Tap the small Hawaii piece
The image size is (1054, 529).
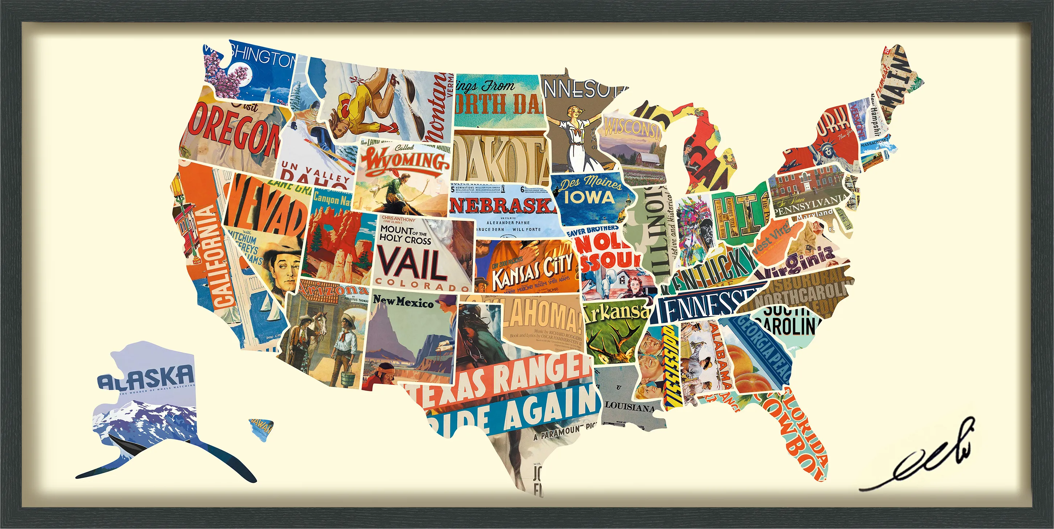261,428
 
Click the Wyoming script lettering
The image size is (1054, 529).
405,161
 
